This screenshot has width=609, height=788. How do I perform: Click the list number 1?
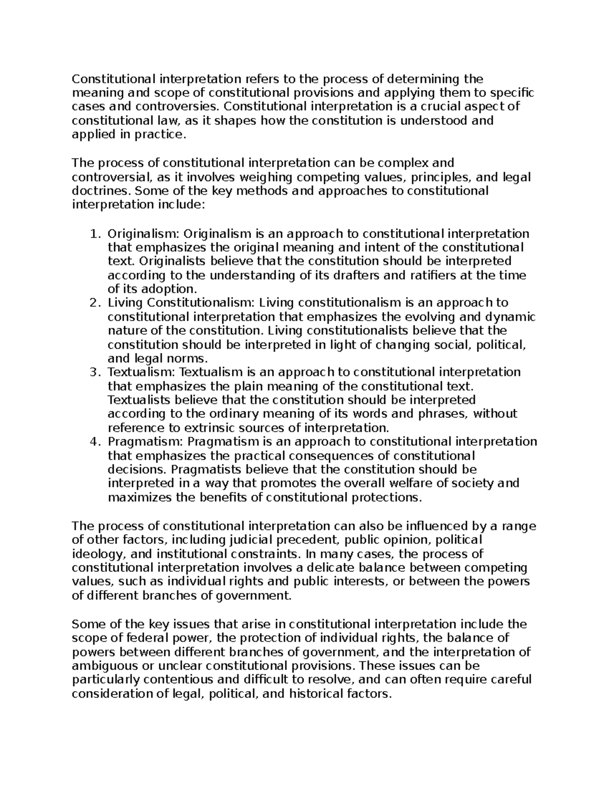pyautogui.click(x=93, y=234)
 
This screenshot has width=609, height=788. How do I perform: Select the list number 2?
pyautogui.click(x=93, y=303)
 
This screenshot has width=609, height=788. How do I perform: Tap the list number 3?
pyautogui.click(x=93, y=372)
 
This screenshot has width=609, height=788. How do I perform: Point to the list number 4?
pyautogui.click(x=93, y=441)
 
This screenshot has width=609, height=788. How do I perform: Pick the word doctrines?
pyautogui.click(x=95, y=191)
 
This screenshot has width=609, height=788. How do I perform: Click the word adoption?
pyautogui.click(x=170, y=289)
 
